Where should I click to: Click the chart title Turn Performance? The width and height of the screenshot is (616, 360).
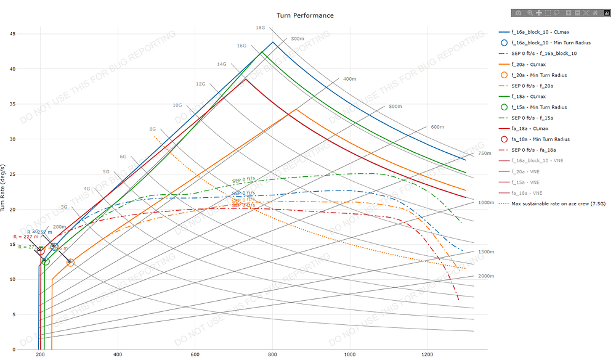click(x=306, y=15)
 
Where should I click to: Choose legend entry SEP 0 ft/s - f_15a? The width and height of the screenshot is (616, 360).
click(x=538, y=118)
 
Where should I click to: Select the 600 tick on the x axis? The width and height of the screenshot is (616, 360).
click(x=195, y=355)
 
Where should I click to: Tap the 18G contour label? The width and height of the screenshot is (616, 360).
click(x=261, y=28)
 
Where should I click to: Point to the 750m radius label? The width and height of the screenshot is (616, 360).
click(x=485, y=153)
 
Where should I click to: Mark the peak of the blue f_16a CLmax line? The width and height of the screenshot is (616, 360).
click(x=273, y=42)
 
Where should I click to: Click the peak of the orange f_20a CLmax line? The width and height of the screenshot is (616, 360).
click(x=297, y=109)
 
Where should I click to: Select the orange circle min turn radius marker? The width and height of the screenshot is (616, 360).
click(x=70, y=263)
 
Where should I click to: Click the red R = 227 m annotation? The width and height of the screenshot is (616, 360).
click(x=25, y=236)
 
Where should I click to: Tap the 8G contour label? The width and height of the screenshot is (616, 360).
click(x=152, y=129)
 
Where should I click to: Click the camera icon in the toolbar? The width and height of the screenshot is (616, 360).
click(x=519, y=12)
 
